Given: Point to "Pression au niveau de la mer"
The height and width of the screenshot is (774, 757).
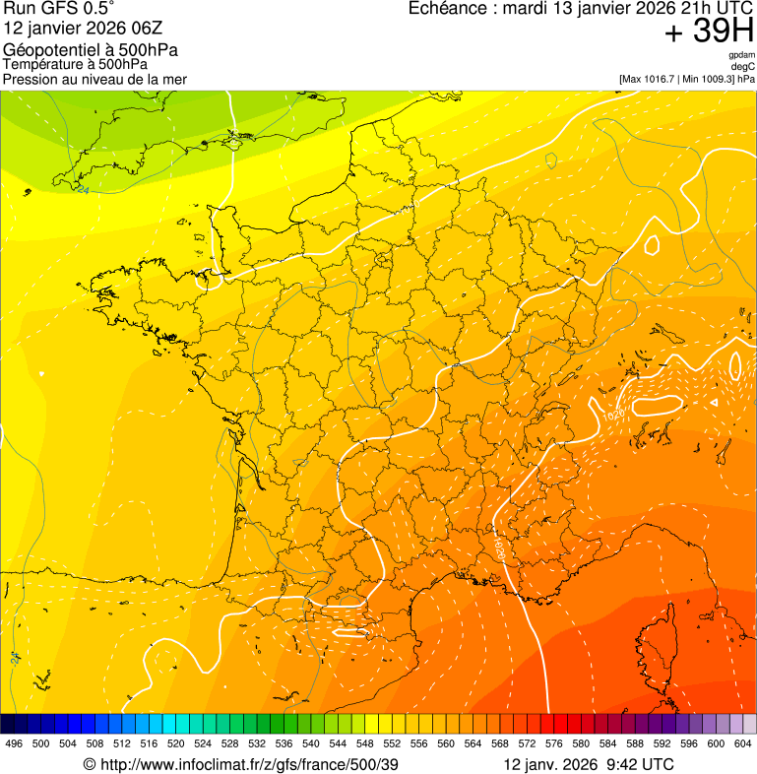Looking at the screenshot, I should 95,79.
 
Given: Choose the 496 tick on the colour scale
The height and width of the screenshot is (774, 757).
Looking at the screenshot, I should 14,743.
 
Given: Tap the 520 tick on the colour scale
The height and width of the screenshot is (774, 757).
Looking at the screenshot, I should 176,743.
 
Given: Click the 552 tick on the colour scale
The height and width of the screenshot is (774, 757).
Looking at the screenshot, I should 393,743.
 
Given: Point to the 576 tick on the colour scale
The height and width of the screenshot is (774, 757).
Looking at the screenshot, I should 554,743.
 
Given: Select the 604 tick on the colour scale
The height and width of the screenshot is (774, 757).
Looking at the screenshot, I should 743,743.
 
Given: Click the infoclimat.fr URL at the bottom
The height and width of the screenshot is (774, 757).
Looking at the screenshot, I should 241,764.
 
